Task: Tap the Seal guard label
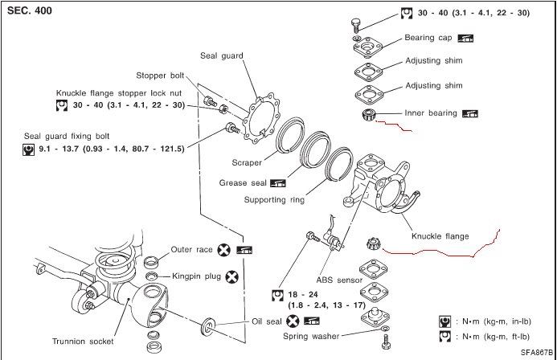coord(221,55)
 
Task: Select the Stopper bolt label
coord(160,76)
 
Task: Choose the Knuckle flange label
coord(440,236)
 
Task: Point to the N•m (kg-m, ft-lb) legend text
coord(499,336)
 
